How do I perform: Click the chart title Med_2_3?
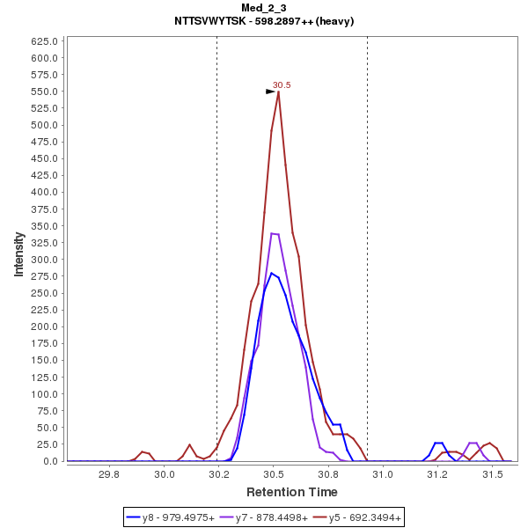tap(264, 8)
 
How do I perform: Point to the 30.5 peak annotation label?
tap(282, 84)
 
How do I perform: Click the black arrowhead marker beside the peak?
tap(271, 92)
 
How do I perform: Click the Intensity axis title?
tap(18, 253)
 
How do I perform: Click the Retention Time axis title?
tap(291, 491)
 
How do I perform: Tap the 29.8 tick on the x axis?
tap(109, 475)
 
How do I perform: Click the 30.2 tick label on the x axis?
tap(218, 475)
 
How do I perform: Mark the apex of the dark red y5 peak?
tap(278, 92)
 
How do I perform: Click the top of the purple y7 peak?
tap(273, 233)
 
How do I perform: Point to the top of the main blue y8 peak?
tap(272, 273)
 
